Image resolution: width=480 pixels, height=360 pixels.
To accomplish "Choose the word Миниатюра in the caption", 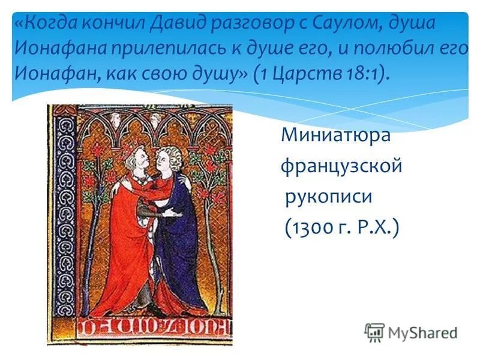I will [x=336, y=136].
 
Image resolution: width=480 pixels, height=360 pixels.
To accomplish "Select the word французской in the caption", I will [x=341, y=166].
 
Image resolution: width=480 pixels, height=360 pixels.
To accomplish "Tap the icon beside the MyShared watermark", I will [x=375, y=332].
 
